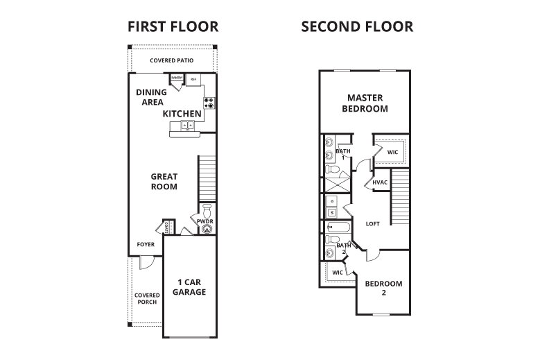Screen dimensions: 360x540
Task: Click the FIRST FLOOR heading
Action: click(x=173, y=27)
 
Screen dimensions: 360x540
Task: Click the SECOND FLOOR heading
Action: click(x=357, y=27)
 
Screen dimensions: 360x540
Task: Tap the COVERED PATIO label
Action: click(x=171, y=60)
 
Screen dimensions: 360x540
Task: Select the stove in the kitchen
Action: click(x=207, y=103)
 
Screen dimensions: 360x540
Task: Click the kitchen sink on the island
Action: click(x=187, y=126)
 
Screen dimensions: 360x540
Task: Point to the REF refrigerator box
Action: click(x=193, y=78)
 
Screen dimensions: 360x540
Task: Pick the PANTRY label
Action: click(x=177, y=78)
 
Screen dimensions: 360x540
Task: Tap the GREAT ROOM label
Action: click(x=164, y=182)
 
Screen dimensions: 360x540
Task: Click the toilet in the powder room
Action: click(x=205, y=210)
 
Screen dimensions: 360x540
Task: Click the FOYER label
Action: click(x=146, y=244)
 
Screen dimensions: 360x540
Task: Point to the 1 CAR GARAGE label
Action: click(x=189, y=286)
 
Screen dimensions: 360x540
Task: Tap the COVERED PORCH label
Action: click(x=146, y=298)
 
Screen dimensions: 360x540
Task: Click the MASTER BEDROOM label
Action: click(x=365, y=103)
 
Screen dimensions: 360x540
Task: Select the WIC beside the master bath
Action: click(x=392, y=151)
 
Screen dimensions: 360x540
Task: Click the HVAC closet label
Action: click(x=379, y=182)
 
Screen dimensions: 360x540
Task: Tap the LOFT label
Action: click(x=373, y=223)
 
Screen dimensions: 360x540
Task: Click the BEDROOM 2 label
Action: click(x=383, y=288)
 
